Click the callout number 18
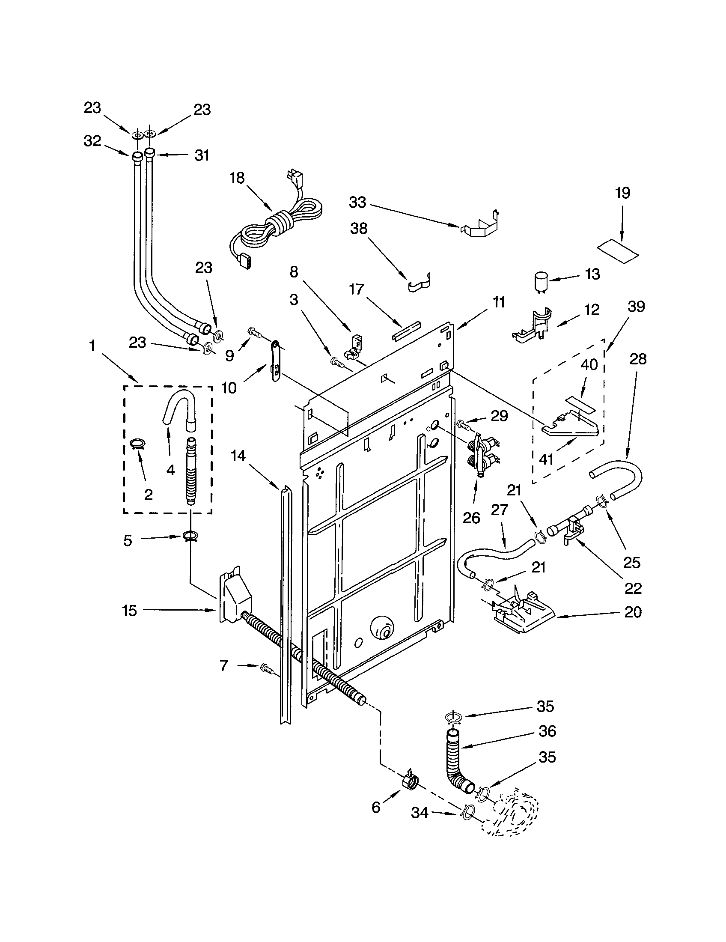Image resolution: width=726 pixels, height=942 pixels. tap(237, 178)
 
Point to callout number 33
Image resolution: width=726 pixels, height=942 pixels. tap(357, 202)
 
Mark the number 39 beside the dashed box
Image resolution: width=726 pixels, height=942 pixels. tap(636, 307)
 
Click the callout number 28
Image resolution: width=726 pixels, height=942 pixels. tap(638, 359)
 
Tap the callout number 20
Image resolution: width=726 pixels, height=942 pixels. tap(633, 611)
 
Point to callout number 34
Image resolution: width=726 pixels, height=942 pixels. tap(420, 813)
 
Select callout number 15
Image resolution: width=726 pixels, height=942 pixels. tap(129, 610)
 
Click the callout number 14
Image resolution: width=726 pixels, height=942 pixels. tap(238, 456)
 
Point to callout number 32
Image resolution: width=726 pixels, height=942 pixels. tap(92, 140)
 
